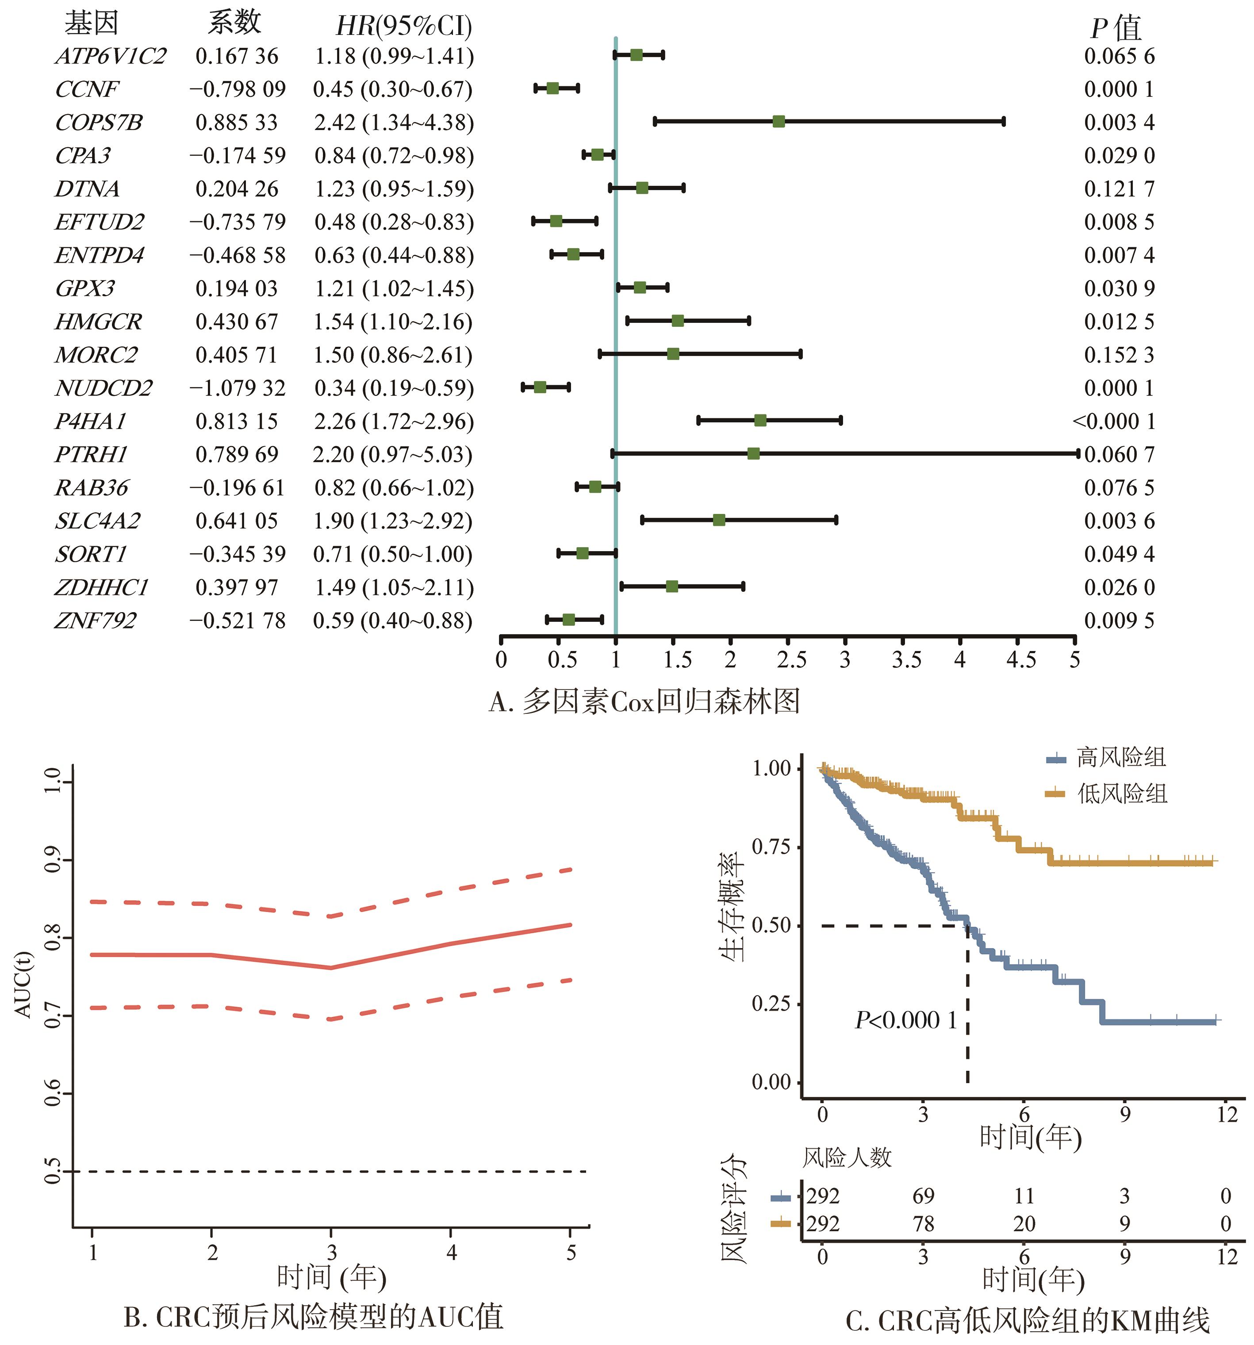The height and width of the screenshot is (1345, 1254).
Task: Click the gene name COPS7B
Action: [99, 123]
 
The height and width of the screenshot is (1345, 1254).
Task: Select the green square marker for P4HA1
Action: [760, 421]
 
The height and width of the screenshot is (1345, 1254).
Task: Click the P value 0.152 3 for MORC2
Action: [1119, 355]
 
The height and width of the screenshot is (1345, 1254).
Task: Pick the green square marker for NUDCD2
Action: [539, 387]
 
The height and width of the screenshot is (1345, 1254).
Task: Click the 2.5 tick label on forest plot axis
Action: [791, 659]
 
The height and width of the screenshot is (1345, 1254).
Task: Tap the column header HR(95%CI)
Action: [403, 26]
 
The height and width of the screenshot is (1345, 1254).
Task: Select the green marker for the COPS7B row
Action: [778, 122]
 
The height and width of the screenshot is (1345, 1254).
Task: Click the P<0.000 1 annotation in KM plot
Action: [905, 1020]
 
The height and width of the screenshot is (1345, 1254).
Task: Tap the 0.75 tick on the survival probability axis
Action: [771, 847]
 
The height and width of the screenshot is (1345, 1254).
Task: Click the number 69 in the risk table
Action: [923, 1196]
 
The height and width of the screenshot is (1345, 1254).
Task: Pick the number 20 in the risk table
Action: [1024, 1224]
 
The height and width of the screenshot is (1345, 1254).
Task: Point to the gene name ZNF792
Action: [96, 621]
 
